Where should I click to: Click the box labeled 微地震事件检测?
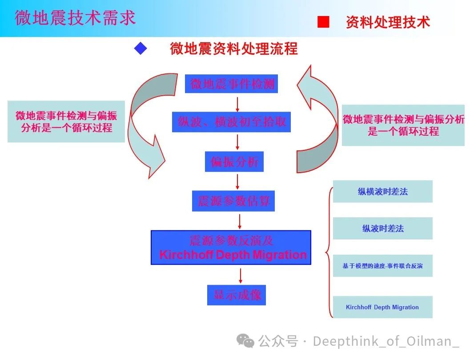pyautogui.click(x=231, y=84)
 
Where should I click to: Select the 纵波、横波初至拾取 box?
pyautogui.click(x=231, y=122)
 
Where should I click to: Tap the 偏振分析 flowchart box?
pyautogui.click(x=234, y=162)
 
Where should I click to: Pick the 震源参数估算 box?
pyautogui.click(x=234, y=201)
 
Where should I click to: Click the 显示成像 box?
pyautogui.click(x=237, y=295)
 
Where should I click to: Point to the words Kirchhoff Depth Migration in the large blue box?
pyautogui.click(x=233, y=255)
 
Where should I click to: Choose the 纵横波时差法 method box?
pyautogui.click(x=382, y=192)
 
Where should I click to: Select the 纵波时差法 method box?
pyautogui.click(x=382, y=229)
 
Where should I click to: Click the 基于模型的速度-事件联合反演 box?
pyautogui.click(x=382, y=266)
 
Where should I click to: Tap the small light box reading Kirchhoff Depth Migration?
pyautogui.click(x=382, y=307)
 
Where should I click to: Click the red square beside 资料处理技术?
pyautogui.click(x=323, y=22)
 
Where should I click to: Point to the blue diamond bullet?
pyautogui.click(x=141, y=49)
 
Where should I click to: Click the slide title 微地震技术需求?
pyautogui.click(x=75, y=18)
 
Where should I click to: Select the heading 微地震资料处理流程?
pyautogui.click(x=234, y=49)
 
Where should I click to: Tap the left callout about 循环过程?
pyautogui.click(x=66, y=121)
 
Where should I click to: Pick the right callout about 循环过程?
pyautogui.click(x=403, y=125)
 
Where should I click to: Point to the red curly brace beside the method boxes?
pyautogui.click(x=329, y=252)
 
